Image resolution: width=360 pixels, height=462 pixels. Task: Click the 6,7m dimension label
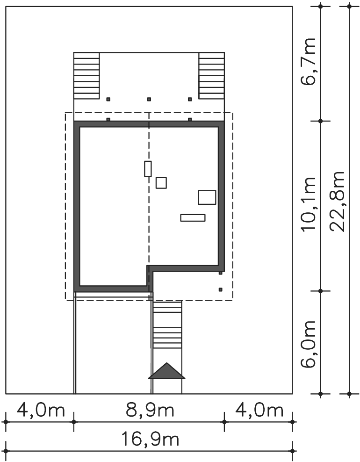(x=309, y=62)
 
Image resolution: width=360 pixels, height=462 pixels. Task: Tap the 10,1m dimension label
(x=309, y=204)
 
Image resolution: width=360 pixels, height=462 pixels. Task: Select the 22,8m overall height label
(x=337, y=202)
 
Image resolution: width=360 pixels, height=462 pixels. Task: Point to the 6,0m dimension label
(x=309, y=344)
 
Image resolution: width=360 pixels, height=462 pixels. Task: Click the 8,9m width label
(x=150, y=410)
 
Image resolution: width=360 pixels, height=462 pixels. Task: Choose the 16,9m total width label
(x=150, y=440)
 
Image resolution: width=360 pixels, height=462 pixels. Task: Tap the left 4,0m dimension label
(x=41, y=410)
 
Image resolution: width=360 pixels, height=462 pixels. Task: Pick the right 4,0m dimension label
(x=259, y=410)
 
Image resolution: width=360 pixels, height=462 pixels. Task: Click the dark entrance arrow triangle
(x=167, y=371)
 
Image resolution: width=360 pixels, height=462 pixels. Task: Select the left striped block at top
(x=86, y=76)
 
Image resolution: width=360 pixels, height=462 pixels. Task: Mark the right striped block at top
(x=211, y=76)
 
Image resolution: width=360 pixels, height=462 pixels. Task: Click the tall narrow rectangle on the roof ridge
(x=148, y=169)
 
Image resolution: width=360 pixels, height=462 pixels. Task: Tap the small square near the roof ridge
(x=161, y=183)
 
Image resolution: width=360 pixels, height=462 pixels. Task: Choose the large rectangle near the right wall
(x=207, y=197)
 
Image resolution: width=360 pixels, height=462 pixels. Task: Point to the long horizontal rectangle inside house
(x=193, y=218)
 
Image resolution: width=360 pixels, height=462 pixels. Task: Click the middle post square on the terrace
(x=149, y=99)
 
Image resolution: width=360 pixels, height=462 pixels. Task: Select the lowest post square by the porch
(x=221, y=289)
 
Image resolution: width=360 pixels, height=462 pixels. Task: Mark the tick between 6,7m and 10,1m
(x=321, y=121)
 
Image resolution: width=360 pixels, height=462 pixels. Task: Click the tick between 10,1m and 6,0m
(x=321, y=291)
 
